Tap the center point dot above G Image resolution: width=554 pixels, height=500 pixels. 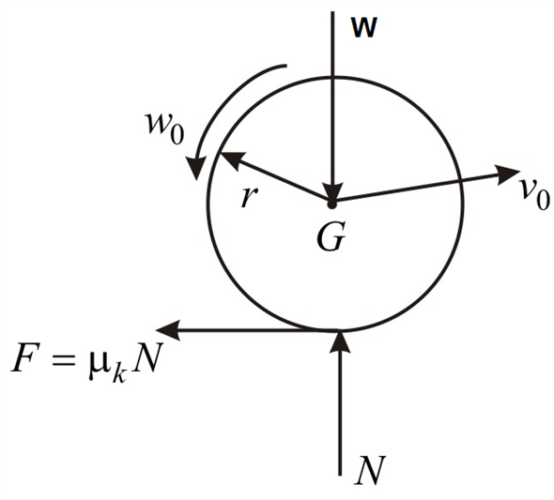tap(331, 201)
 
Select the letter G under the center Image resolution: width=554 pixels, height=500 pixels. tap(330, 236)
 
